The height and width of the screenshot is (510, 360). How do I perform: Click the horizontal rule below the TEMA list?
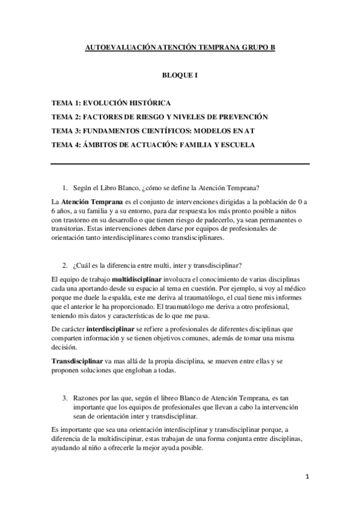coord(180,164)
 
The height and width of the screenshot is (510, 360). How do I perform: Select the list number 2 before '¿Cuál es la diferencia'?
coord(64,265)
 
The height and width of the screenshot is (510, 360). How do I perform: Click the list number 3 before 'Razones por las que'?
coord(64,398)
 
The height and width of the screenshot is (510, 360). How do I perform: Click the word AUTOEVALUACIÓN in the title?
coord(118,47)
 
